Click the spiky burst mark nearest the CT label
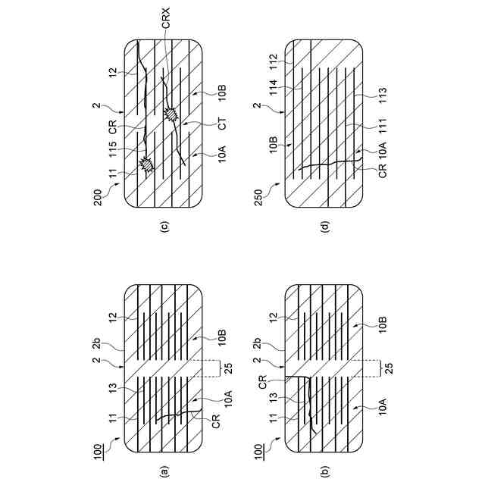170,114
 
